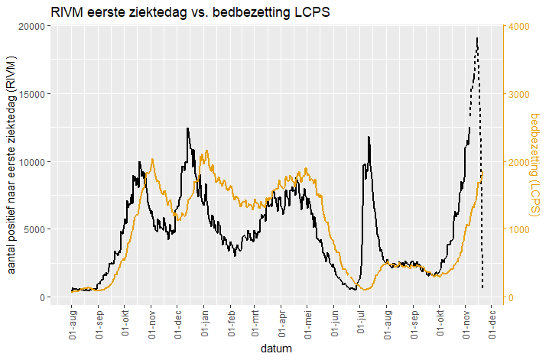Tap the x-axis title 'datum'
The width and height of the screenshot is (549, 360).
(274, 349)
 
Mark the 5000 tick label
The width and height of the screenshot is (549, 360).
(31, 229)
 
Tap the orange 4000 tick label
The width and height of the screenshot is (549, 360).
(518, 26)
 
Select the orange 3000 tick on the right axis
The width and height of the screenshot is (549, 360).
(518, 94)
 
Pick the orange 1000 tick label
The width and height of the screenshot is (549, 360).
(518, 229)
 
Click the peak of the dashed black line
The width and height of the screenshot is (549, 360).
(477, 37)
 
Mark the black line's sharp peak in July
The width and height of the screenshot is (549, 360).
(369, 137)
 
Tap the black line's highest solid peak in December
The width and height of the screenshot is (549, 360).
(187, 128)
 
